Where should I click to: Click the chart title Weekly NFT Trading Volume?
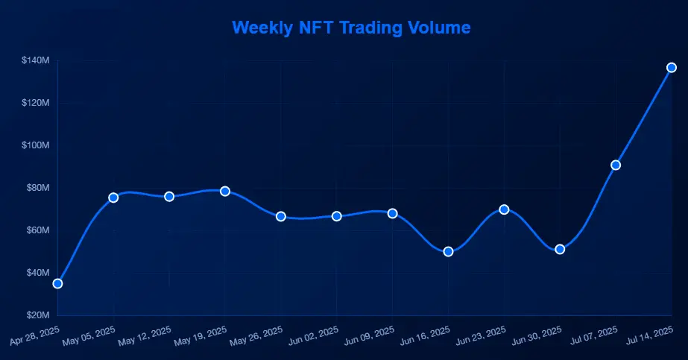[351, 28]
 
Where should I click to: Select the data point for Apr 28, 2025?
[57, 283]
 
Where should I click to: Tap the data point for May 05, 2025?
[113, 198]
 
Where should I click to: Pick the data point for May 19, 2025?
[225, 192]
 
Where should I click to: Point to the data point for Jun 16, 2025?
[448, 251]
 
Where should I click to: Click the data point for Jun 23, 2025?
[504, 209]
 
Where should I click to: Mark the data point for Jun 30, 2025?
[560, 249]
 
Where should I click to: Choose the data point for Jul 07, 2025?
[616, 165]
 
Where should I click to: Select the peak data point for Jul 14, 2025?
[672, 67]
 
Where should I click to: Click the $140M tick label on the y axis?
[36, 60]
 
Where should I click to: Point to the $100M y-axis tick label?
[36, 145]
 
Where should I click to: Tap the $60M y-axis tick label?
[37, 230]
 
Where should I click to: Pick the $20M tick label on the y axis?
[37, 315]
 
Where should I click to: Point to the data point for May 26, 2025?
[281, 216]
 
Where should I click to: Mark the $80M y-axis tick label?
[37, 187]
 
